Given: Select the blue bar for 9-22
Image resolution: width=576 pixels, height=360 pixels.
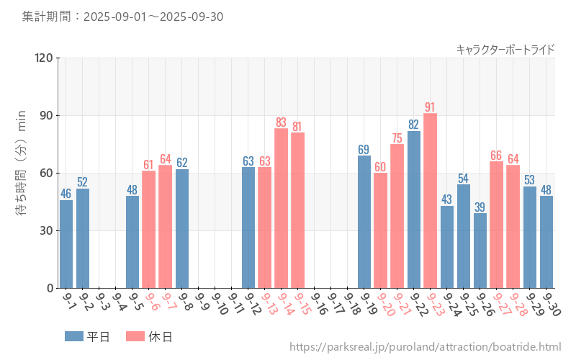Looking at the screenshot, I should [414, 209].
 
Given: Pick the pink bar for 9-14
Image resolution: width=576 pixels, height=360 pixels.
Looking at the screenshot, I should [281, 208].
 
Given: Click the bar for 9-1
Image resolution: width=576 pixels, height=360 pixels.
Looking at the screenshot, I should [66, 244].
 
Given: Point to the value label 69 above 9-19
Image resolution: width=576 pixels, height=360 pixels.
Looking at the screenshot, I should [364, 150].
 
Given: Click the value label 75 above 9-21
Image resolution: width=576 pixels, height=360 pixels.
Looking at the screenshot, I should [397, 138].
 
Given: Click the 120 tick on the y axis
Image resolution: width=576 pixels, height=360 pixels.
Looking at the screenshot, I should [42, 58].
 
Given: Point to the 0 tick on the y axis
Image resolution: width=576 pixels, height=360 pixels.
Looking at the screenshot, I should [49, 288].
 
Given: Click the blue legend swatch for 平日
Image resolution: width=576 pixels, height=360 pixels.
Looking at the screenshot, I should [74, 336].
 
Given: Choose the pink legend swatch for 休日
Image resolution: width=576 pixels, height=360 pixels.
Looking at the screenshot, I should [135, 336].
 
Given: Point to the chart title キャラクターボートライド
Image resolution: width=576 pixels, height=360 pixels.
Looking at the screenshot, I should [505, 49].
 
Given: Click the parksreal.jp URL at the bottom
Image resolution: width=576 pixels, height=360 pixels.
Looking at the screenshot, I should [425, 348].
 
